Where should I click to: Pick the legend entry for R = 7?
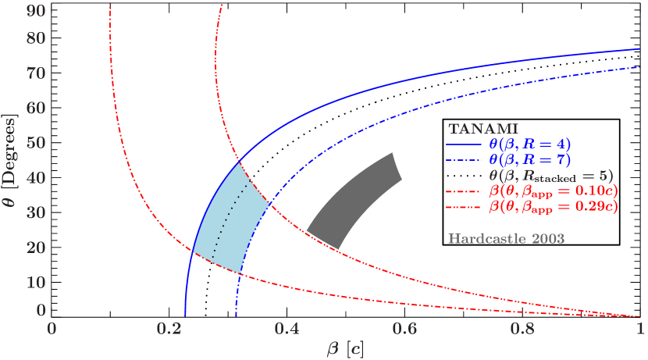pyautogui.click(x=530, y=159)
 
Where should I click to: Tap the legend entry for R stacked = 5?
pyautogui.click(x=550, y=175)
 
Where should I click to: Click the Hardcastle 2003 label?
pyautogui.click(x=505, y=237)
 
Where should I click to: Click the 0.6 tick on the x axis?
pyautogui.click(x=405, y=329)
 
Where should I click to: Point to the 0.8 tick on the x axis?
pyautogui.click(x=522, y=329)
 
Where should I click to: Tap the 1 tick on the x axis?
pyautogui.click(x=640, y=329)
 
